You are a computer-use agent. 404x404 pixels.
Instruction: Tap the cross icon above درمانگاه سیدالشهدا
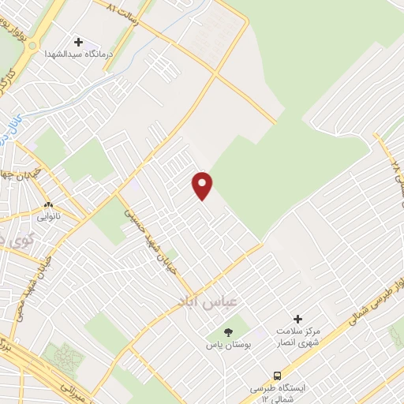pos(78,42)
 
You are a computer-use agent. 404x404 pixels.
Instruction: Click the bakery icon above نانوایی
pos(47,203)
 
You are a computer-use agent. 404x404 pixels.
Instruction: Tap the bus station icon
pos(277,376)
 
